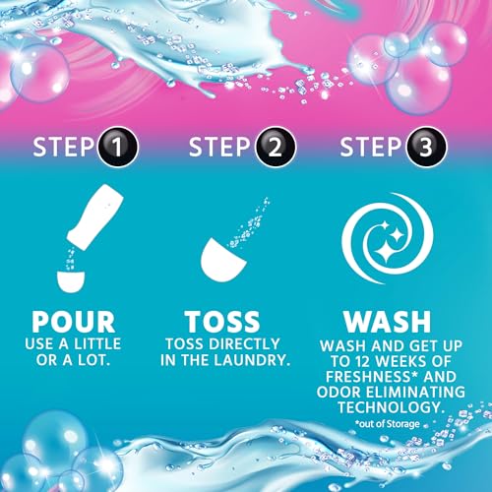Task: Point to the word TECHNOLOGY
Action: pyautogui.click(x=392, y=409)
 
